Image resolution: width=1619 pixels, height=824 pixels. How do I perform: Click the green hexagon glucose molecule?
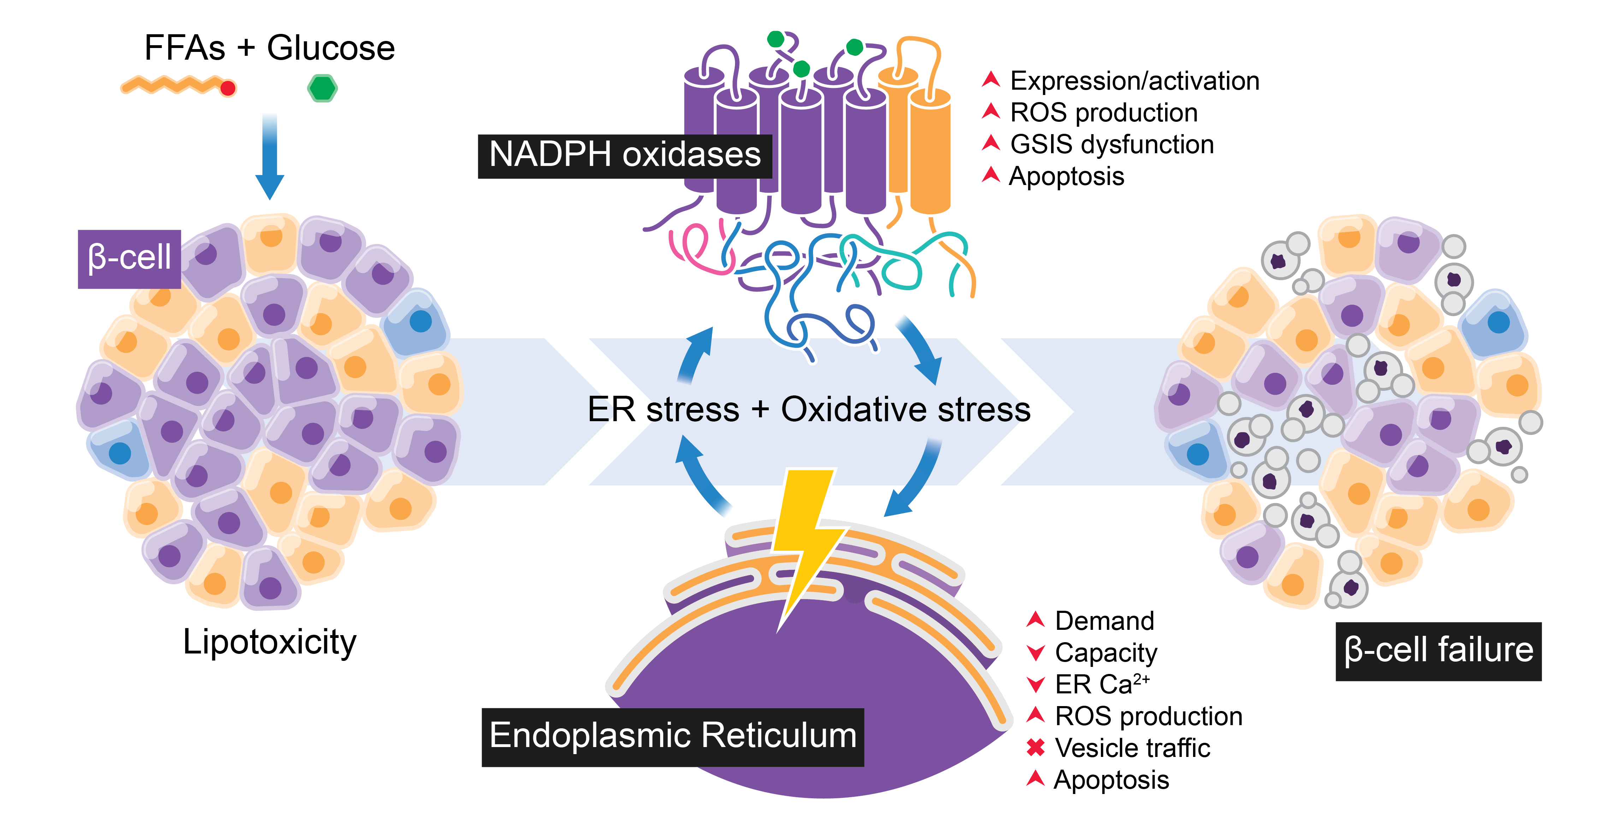click(x=322, y=88)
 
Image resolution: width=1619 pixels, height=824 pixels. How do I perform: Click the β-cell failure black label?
click(x=1438, y=651)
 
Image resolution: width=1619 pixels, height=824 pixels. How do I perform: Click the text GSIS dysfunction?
click(x=1112, y=144)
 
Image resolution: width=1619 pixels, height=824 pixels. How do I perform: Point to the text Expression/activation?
click(x=1134, y=81)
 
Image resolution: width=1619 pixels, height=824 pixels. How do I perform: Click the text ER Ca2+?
click(x=1102, y=684)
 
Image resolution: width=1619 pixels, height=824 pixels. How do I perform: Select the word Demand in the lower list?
click(x=1104, y=621)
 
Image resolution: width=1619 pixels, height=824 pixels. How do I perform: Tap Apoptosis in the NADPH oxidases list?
click(x=1067, y=177)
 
